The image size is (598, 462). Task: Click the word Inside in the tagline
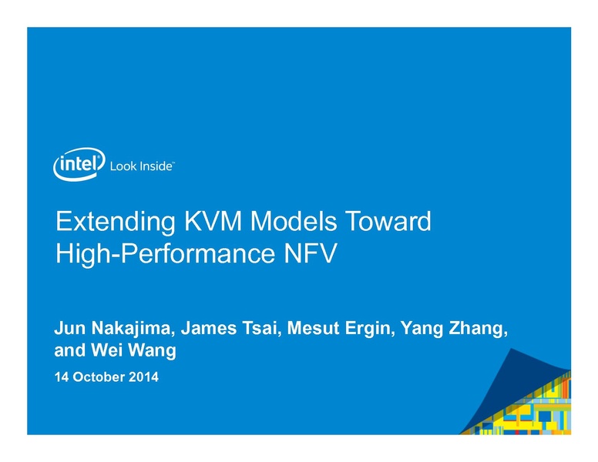(x=156, y=166)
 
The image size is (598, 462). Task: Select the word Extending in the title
(x=116, y=223)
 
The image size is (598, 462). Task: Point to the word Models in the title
(x=294, y=221)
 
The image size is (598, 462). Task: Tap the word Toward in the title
(x=388, y=221)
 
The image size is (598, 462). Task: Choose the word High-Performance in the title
(x=166, y=254)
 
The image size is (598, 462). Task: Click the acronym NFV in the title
(x=311, y=253)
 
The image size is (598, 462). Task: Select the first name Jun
(x=70, y=328)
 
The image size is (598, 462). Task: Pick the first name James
(x=209, y=328)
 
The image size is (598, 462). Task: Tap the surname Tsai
(x=262, y=328)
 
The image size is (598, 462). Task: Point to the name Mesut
(x=313, y=328)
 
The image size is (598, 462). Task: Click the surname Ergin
(x=370, y=329)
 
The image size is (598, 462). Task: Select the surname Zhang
(x=479, y=329)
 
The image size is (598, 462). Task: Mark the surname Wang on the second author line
(x=152, y=351)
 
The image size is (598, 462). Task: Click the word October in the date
(x=99, y=377)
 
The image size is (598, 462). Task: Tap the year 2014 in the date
(x=143, y=377)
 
